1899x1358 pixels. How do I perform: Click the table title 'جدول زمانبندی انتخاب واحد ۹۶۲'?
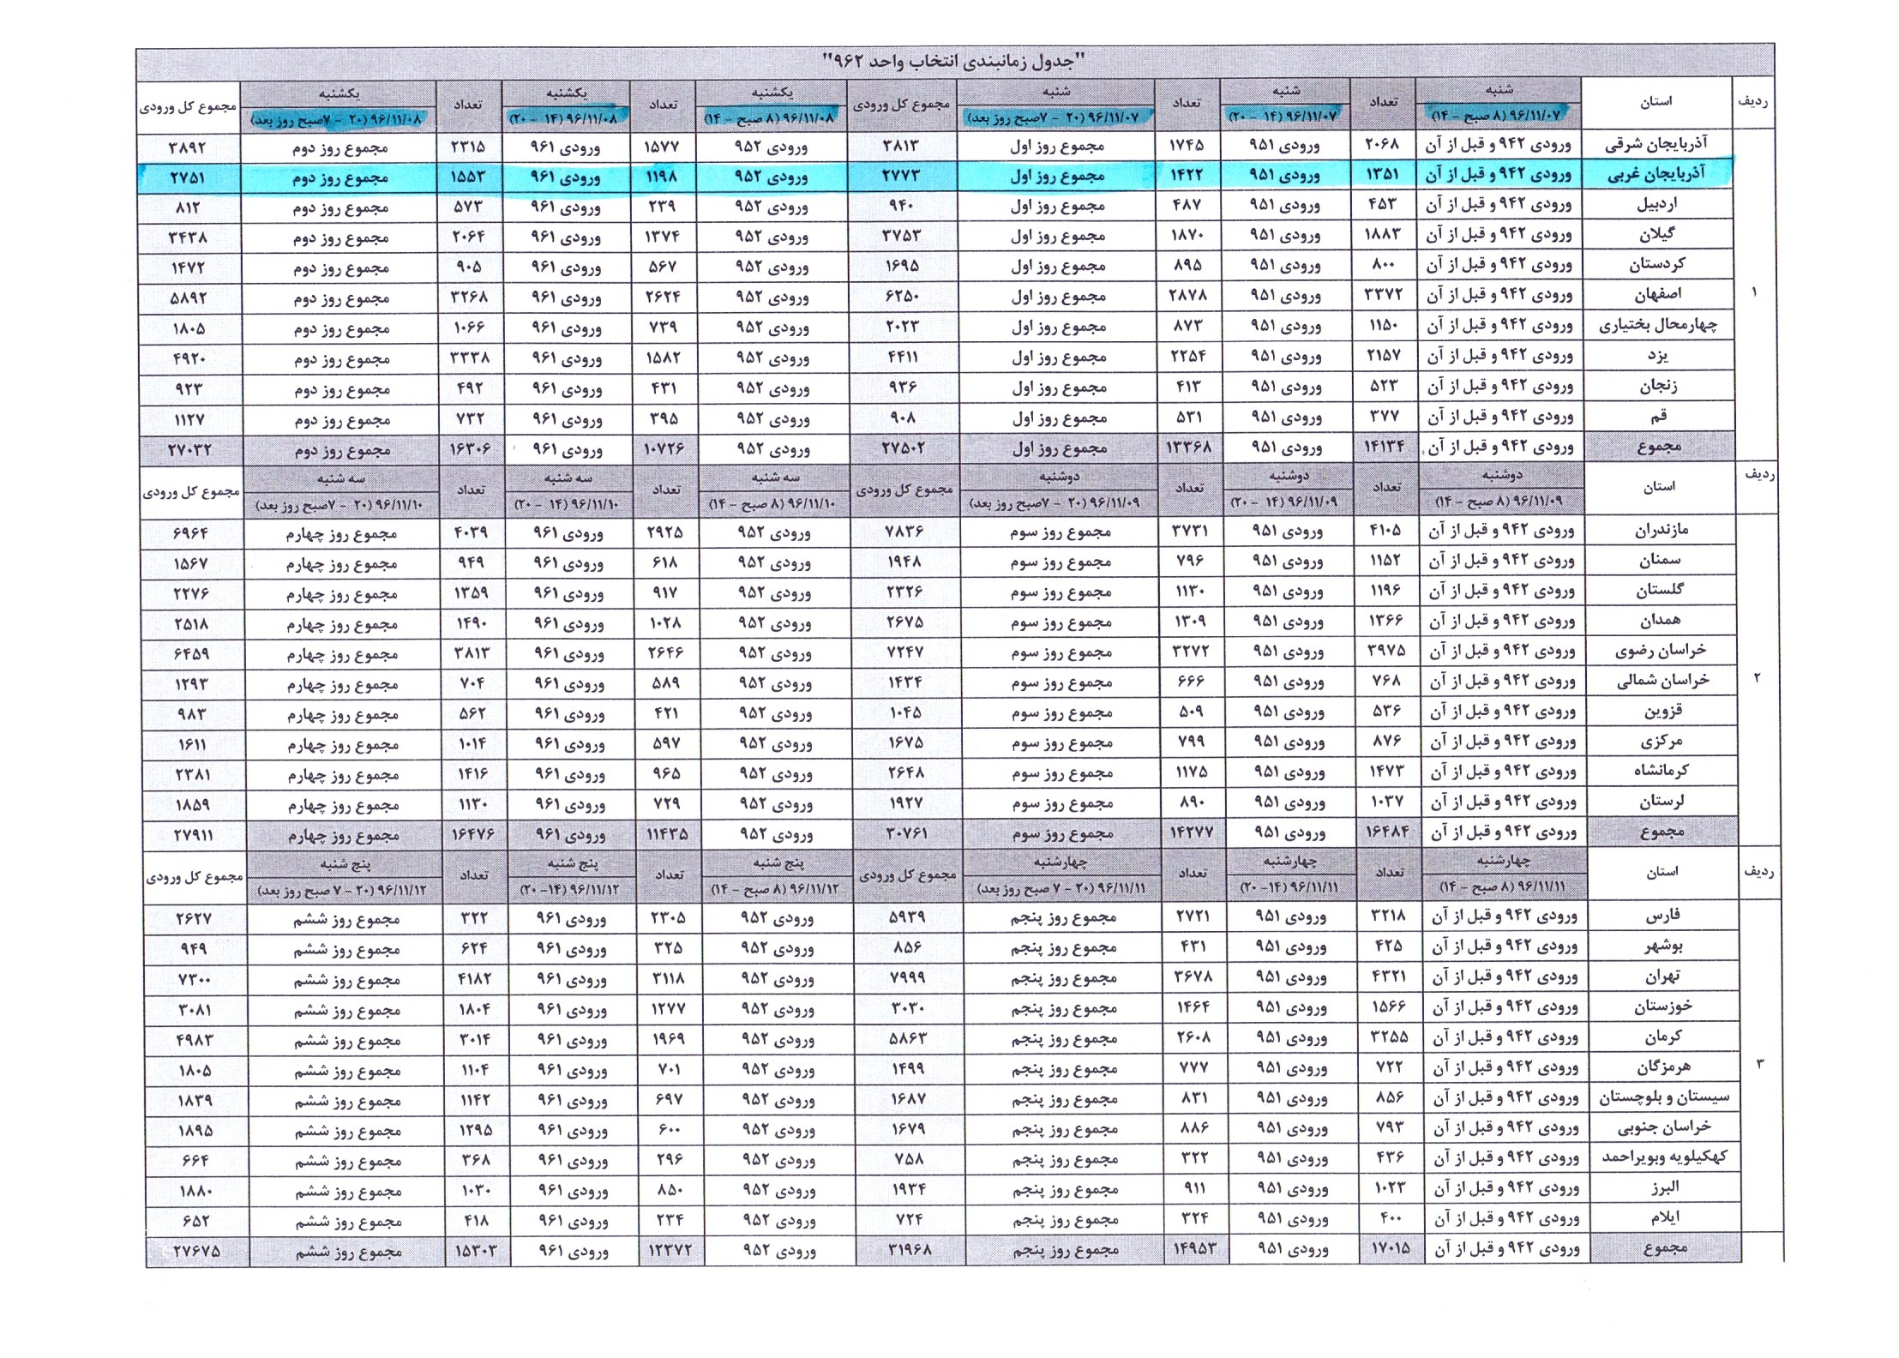point(953,62)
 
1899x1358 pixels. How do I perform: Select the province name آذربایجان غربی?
point(1656,174)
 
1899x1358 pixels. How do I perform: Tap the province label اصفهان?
point(1657,295)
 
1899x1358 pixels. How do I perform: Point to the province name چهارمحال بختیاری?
point(1657,325)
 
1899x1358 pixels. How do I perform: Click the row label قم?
point(1658,416)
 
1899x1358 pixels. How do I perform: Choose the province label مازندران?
point(1661,530)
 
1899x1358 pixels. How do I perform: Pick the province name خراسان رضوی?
point(1661,651)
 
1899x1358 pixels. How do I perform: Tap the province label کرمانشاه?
point(1661,771)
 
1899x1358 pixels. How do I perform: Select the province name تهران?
point(1662,976)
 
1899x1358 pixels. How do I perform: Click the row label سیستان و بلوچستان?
point(1664,1097)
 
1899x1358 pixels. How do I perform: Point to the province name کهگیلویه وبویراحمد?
point(1664,1157)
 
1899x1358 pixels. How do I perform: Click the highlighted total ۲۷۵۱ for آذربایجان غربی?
point(188,178)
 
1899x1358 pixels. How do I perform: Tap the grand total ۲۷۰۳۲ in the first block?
point(189,450)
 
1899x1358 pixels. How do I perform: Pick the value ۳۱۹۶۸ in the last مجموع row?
point(909,1249)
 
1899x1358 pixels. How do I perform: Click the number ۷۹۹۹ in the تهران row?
point(907,978)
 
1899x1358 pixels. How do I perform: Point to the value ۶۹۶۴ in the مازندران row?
point(190,533)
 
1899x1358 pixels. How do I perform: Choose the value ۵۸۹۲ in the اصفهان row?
point(189,299)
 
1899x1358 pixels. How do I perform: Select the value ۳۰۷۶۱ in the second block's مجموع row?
point(905,833)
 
